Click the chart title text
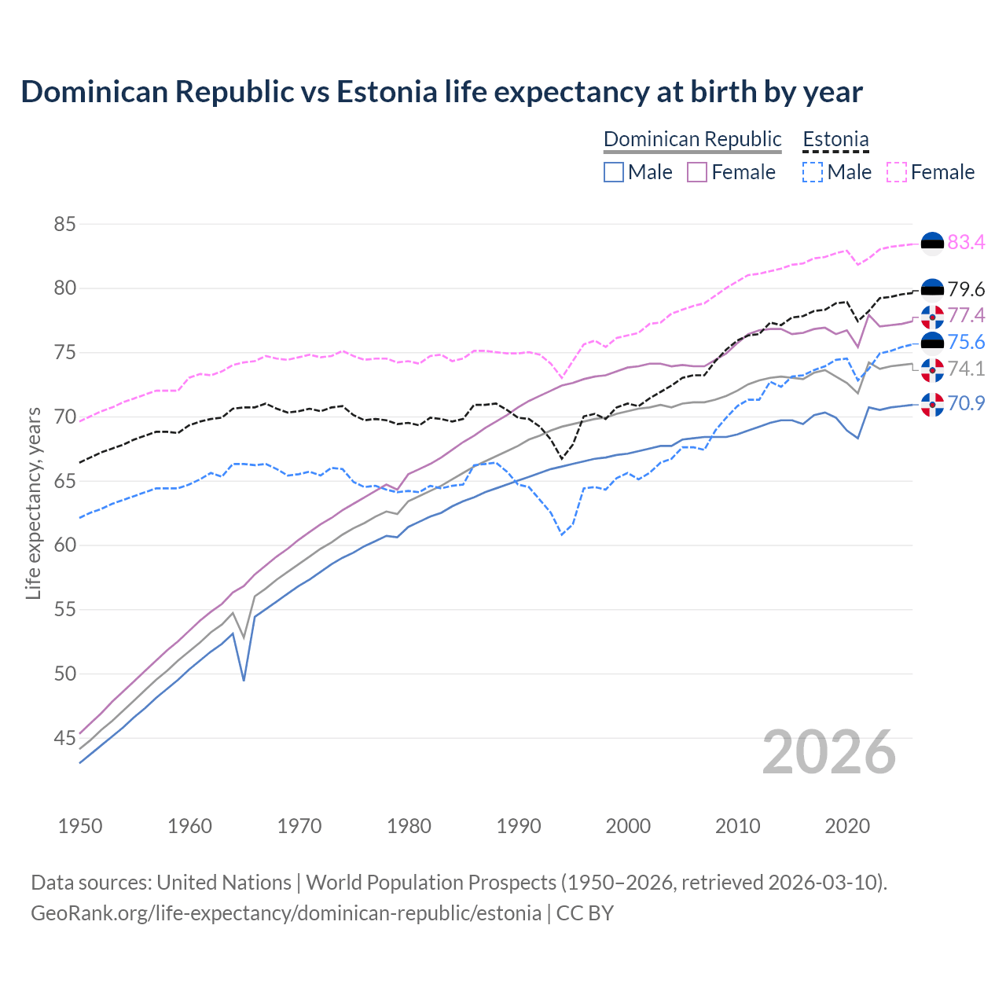click(x=442, y=92)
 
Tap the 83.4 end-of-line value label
click(x=966, y=242)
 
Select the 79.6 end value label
click(x=966, y=289)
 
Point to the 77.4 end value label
click(x=966, y=315)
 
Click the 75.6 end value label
click(x=966, y=342)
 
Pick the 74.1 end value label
click(x=966, y=369)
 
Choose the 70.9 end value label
click(x=966, y=403)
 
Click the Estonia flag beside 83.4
click(x=932, y=244)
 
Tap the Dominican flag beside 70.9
click(x=932, y=405)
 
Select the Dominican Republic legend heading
click(x=692, y=139)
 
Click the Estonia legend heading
click(x=835, y=139)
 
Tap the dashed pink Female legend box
click(x=897, y=172)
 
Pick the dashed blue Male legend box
click(x=813, y=172)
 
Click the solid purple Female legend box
click(x=697, y=172)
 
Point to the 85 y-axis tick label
click(x=64, y=224)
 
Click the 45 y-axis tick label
click(x=64, y=738)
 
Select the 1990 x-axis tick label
click(x=519, y=826)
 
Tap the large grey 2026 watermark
click(x=829, y=752)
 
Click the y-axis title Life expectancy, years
click(x=33, y=503)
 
